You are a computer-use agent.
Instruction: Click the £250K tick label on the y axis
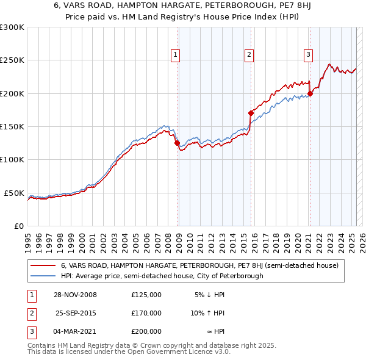(x=12, y=60)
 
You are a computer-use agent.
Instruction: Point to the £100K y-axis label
(x=12, y=159)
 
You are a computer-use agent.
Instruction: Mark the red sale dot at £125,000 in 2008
(x=178, y=143)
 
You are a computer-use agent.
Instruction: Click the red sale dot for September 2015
(x=251, y=113)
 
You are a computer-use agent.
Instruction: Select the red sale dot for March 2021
(x=310, y=93)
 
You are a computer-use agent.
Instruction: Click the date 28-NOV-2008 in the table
(x=75, y=295)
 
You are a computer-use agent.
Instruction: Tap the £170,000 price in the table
(x=146, y=313)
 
